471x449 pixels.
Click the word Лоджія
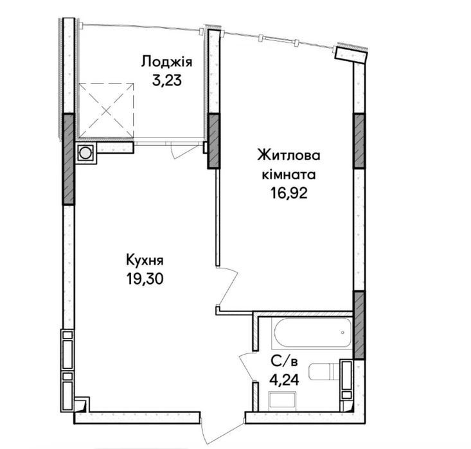click(166, 62)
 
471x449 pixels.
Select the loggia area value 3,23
click(167, 80)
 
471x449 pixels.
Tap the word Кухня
click(145, 260)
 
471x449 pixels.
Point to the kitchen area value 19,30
click(145, 279)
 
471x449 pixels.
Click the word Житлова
click(289, 156)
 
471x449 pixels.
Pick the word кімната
click(289, 175)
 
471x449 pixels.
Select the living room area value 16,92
click(289, 193)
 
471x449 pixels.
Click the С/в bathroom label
click(284, 362)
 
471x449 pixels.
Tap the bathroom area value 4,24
click(284, 380)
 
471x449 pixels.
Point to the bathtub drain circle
click(342, 333)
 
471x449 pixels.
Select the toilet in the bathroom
click(324, 371)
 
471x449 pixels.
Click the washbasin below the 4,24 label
click(283, 401)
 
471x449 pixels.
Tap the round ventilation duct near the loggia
click(85, 153)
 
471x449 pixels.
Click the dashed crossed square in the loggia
click(106, 110)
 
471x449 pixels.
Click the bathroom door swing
click(247, 367)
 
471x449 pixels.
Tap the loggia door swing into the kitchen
click(184, 150)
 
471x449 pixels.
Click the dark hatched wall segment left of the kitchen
click(68, 159)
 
